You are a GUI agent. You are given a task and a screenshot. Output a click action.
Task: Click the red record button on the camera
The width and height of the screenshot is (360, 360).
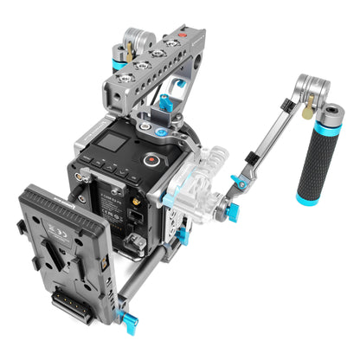(x=151, y=159)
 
